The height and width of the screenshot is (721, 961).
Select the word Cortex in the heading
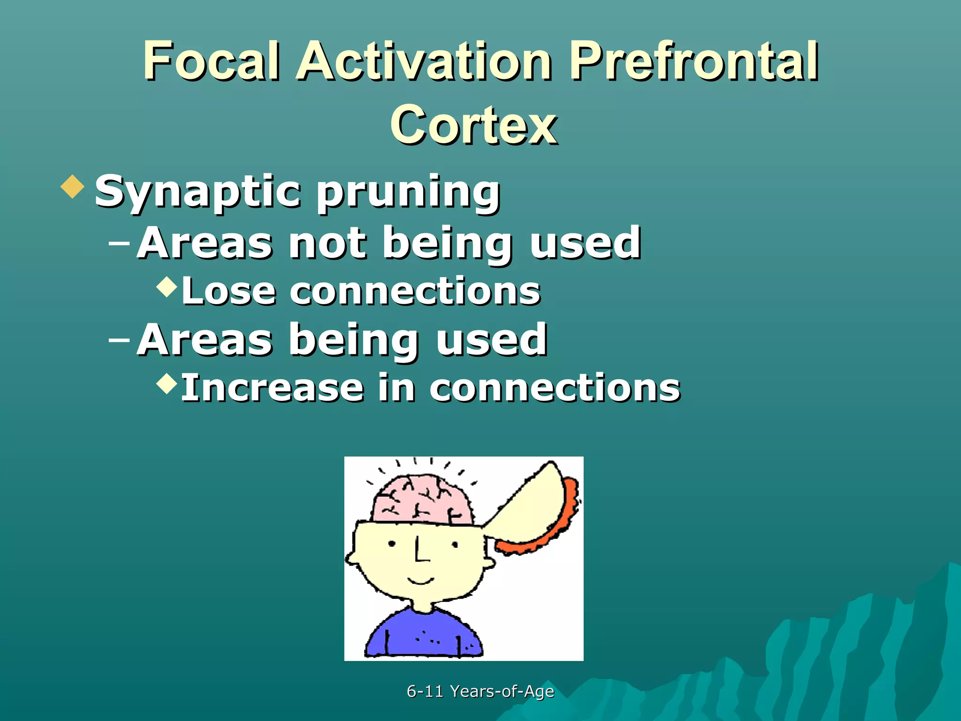(x=474, y=125)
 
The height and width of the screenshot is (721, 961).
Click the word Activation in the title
(x=425, y=61)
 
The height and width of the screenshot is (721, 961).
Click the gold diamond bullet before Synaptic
(x=73, y=186)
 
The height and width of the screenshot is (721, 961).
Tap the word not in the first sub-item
(x=327, y=243)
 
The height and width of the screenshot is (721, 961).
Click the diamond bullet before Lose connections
(x=167, y=286)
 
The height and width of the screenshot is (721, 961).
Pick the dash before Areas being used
(x=119, y=340)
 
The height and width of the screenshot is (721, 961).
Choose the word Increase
(x=272, y=388)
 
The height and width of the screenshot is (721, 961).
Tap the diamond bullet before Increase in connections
(x=167, y=383)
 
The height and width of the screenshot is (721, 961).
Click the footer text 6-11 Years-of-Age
(x=480, y=691)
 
